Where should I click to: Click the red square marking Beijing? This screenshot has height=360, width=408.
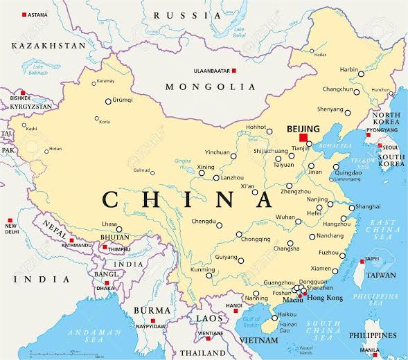303,138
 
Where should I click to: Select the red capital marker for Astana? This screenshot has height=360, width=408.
25,15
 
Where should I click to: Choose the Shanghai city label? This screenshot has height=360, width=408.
367,206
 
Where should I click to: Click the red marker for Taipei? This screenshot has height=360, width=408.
362,262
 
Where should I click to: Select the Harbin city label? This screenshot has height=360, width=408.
349,69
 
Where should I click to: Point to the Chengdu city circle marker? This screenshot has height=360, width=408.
219,225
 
